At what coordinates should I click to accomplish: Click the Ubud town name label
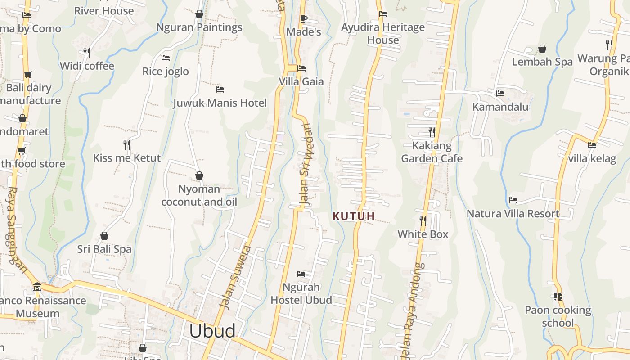212,331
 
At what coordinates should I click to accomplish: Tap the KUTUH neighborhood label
354,216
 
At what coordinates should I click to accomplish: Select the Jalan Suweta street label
234,277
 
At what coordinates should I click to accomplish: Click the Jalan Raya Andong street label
413,310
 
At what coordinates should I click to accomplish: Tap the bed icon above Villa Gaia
301,68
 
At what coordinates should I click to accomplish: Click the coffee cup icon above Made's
303,18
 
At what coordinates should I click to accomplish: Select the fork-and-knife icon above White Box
423,220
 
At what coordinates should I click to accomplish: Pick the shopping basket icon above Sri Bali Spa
104,236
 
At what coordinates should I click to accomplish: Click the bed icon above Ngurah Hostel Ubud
301,274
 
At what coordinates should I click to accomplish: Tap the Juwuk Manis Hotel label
220,103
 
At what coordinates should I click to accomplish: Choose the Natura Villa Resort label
513,214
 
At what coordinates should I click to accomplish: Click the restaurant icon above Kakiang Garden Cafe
432,132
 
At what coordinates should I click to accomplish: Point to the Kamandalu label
500,107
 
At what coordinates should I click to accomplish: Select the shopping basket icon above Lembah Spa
542,49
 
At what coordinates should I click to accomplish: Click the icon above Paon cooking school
558,296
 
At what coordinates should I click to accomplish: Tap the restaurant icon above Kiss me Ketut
127,144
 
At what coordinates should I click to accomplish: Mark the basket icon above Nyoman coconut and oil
199,175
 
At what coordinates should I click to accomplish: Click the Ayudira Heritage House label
383,34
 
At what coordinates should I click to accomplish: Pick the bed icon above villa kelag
592,145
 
